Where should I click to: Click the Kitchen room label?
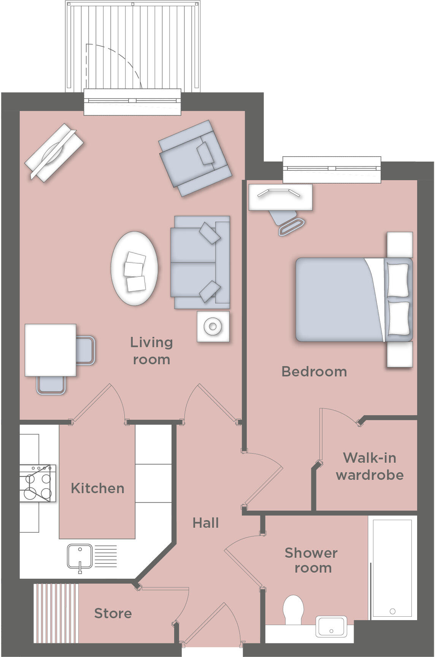pyautogui.click(x=97, y=488)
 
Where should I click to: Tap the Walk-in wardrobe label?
pyautogui.click(x=370, y=466)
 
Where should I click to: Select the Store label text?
pyautogui.click(x=113, y=613)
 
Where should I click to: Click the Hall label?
pyautogui.click(x=206, y=523)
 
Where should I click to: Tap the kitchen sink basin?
pyautogui.click(x=79, y=556)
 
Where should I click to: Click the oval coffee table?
pyautogui.click(x=134, y=268)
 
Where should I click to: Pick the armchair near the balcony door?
pyautogui.click(x=194, y=158)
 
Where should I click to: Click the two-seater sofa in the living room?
pyautogui.click(x=200, y=262)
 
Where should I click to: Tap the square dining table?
pyautogui.click(x=50, y=350)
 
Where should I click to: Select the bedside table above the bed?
pyautogui.click(x=400, y=245)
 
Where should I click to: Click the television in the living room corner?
pyautogui.click(x=54, y=152)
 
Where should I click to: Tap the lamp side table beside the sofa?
pyautogui.click(x=213, y=326)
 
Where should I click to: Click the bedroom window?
pyautogui.click(x=332, y=169)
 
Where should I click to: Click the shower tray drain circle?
pyautogui.click(x=392, y=611)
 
